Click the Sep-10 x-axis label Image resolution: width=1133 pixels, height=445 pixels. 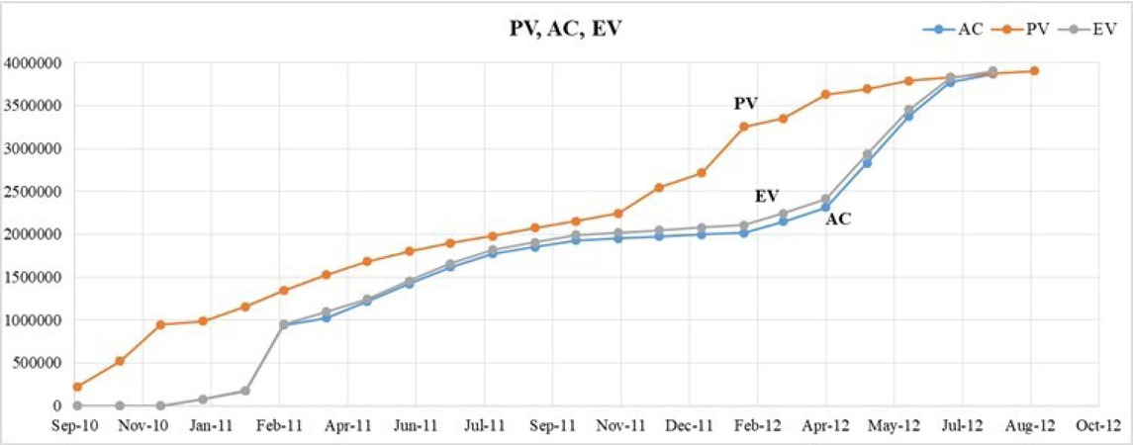coord(77,426)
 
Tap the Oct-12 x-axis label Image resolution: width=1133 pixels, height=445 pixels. coord(1098,426)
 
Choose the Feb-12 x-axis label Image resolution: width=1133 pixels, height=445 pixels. coord(757,426)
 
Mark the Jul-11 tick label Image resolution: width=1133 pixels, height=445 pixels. coord(485,426)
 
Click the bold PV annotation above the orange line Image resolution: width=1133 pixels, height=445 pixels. coord(745,103)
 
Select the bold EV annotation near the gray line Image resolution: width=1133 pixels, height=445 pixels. coord(767,196)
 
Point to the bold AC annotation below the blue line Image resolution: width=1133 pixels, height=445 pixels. coord(838,220)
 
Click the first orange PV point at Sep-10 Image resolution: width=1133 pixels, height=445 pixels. coord(77,387)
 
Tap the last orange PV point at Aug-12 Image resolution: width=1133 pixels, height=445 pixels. coord(1033,71)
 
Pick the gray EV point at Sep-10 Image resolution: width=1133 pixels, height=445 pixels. coord(77,405)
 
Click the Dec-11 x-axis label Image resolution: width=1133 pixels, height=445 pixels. coord(689,426)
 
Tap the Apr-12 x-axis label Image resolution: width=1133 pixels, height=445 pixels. coord(825,426)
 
